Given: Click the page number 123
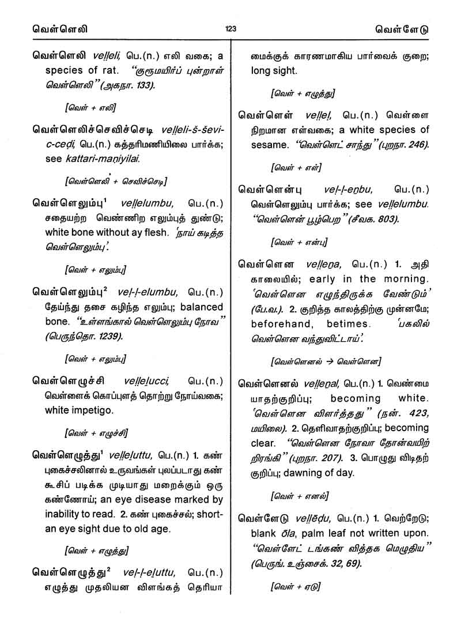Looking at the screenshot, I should pos(231,29).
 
